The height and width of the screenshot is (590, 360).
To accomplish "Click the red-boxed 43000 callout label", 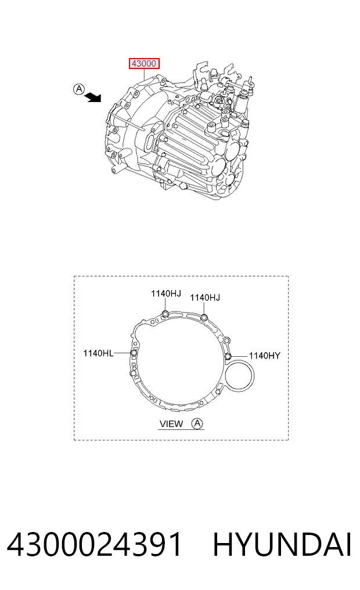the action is pyautogui.click(x=145, y=64).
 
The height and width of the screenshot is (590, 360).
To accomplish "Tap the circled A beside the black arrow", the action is pyautogui.click(x=79, y=89).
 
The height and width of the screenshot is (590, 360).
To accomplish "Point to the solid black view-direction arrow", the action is pyautogui.click(x=93, y=98).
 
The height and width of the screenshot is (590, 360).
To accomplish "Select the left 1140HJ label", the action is pyautogui.click(x=166, y=294).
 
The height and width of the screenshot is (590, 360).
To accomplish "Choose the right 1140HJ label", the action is pyautogui.click(x=205, y=298).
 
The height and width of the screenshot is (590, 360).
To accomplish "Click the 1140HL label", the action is pyautogui.click(x=98, y=353).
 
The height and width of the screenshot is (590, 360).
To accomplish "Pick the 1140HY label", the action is pyautogui.click(x=264, y=356).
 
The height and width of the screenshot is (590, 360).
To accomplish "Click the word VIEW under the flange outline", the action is pyautogui.click(x=171, y=424).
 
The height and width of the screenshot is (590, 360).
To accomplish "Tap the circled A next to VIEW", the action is pyautogui.click(x=197, y=424).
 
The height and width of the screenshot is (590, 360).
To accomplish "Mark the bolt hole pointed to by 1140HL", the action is pyautogui.click(x=134, y=353).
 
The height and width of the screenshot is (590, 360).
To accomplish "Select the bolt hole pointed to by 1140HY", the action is pyautogui.click(x=228, y=356).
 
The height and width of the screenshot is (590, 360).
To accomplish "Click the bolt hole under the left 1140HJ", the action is pyautogui.click(x=165, y=314).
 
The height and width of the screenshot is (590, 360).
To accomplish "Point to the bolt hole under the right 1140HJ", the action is pyautogui.click(x=204, y=317).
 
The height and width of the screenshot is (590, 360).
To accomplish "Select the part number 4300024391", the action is pyautogui.click(x=95, y=545).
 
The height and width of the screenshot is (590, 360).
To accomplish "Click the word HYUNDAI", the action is pyautogui.click(x=282, y=545).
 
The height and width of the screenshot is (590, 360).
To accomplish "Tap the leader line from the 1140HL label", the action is pyautogui.click(x=122, y=353).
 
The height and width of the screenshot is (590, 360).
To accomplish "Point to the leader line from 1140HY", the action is pyautogui.click(x=239, y=356).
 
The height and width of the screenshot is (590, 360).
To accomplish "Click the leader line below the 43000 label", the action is pyautogui.click(x=145, y=74).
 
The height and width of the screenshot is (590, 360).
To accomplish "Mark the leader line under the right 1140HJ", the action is pyautogui.click(x=204, y=309).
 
